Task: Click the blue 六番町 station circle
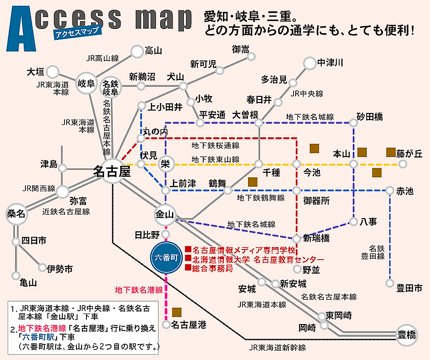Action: click(166, 257)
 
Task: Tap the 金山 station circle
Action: click(165, 214)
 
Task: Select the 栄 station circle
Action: click(166, 164)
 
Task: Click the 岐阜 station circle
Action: click(86, 83)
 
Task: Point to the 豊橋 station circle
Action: click(407, 335)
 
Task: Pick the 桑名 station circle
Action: click(16, 214)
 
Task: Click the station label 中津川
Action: click(330, 63)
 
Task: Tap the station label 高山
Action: click(153, 51)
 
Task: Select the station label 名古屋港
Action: click(189, 325)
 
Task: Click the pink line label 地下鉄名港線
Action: click(139, 290)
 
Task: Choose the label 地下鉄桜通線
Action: click(215, 145)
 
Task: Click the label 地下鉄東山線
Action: click(215, 159)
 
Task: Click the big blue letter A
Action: click(21, 29)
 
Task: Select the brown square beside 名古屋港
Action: click(177, 312)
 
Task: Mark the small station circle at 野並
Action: click(297, 269)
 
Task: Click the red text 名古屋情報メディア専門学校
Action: click(244, 250)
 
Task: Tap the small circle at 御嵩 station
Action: click(251, 57)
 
